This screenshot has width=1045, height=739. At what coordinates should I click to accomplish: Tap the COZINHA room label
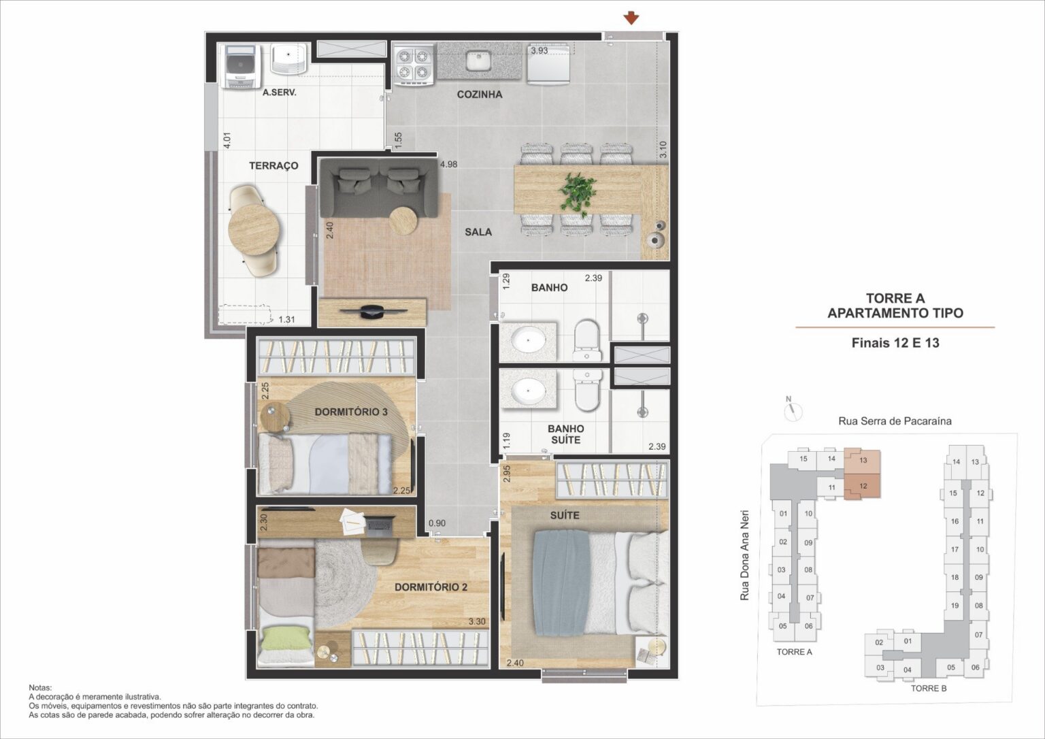pyautogui.click(x=479, y=95)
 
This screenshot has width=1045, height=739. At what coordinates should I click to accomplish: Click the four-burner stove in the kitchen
pyautogui.click(x=414, y=65)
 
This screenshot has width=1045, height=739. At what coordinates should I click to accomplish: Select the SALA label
pyautogui.click(x=478, y=232)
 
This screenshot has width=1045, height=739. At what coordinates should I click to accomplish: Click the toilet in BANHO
pyautogui.click(x=586, y=340)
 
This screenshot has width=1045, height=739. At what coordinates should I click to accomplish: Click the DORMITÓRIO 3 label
pyautogui.click(x=351, y=412)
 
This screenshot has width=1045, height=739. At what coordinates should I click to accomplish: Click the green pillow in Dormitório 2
pyautogui.click(x=286, y=639)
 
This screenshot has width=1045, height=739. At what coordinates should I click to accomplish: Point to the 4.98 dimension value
pyautogui.click(x=448, y=164)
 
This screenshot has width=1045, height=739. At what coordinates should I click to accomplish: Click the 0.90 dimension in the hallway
pyautogui.click(x=437, y=523)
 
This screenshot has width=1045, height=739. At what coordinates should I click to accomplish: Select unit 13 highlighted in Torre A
pyautogui.click(x=863, y=461)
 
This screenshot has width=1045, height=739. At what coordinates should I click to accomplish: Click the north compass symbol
pyautogui.click(x=792, y=410)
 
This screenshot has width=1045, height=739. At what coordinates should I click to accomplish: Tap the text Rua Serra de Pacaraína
pyautogui.click(x=895, y=421)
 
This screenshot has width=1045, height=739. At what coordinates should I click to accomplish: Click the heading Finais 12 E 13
pyautogui.click(x=895, y=343)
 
